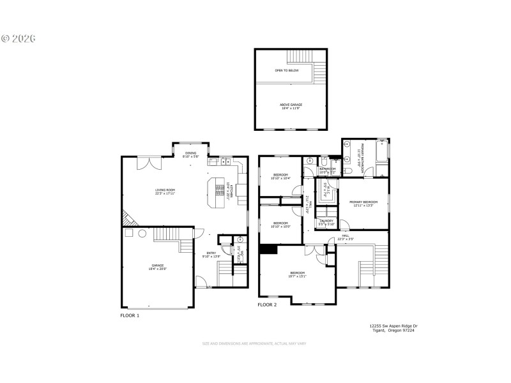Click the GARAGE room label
(x=157, y=264)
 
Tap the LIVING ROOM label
(x=165, y=190)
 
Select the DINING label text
(x=191, y=153)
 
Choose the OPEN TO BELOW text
(x=287, y=70)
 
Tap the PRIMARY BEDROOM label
(x=361, y=202)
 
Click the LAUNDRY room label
(x=326, y=221)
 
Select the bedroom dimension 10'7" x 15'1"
(x=297, y=276)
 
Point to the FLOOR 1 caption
(x=130, y=315)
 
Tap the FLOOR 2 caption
(x=267, y=305)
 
